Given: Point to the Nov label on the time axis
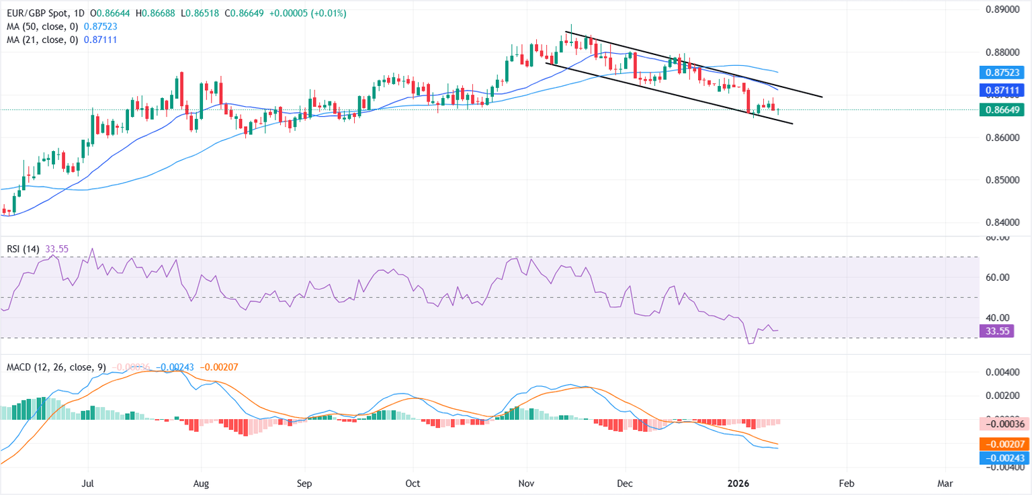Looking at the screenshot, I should click(x=527, y=484).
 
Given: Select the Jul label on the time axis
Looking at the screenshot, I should click(x=87, y=484).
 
